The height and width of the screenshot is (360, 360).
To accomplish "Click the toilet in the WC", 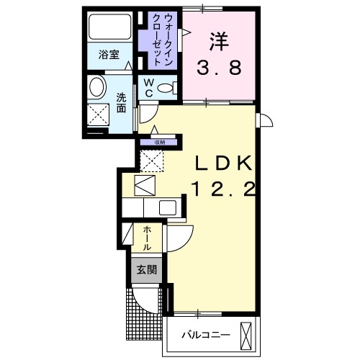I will click(x=165, y=88).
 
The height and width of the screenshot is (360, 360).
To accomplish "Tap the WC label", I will click(x=147, y=88).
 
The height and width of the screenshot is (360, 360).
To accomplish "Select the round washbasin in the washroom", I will click(x=96, y=89).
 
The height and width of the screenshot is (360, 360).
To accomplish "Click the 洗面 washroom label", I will click(x=122, y=102).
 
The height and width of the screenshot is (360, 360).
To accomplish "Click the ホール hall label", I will click(x=146, y=237).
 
